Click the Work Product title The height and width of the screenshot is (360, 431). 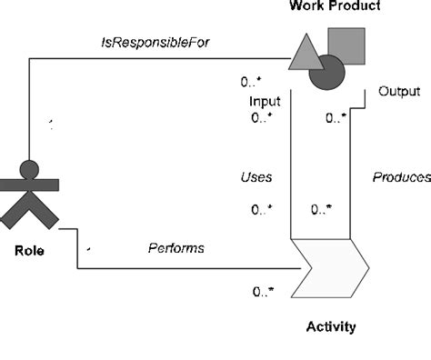pos(336,7)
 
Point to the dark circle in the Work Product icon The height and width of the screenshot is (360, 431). pos(328,74)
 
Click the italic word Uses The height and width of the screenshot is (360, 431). pos(257,177)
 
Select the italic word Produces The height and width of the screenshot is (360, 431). pos(401,177)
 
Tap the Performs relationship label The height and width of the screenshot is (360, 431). pos(176,247)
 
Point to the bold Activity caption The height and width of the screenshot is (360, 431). pos(330,326)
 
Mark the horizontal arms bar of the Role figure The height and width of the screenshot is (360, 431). pos(30,185)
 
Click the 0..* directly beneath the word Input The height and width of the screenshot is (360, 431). pos(262,118)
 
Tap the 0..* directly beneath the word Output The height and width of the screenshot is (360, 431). pos(336,118)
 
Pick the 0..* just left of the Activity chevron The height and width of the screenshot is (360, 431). pos(265,292)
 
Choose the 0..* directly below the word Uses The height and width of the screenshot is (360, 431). pos(262,210)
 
